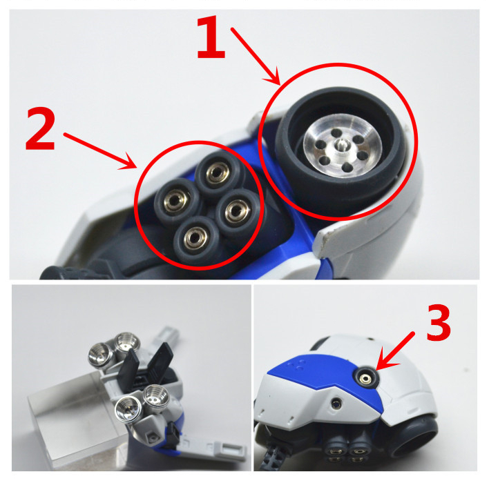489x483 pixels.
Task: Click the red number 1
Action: pos(211,37)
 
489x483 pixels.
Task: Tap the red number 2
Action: pos(41,128)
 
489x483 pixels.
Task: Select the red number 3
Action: pos(438,322)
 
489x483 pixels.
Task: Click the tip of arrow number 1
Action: pos(280,84)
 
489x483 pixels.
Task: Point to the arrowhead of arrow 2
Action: pos(136,168)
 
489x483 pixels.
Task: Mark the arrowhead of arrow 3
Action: pos(376,370)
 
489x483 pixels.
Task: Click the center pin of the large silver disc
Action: pos(341,144)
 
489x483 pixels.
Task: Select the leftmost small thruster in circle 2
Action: pos(175,199)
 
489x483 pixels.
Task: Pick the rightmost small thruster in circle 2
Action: pos(238,211)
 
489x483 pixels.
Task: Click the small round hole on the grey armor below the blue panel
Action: pos(336,404)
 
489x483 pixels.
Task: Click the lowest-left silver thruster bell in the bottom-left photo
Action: pos(128,409)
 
